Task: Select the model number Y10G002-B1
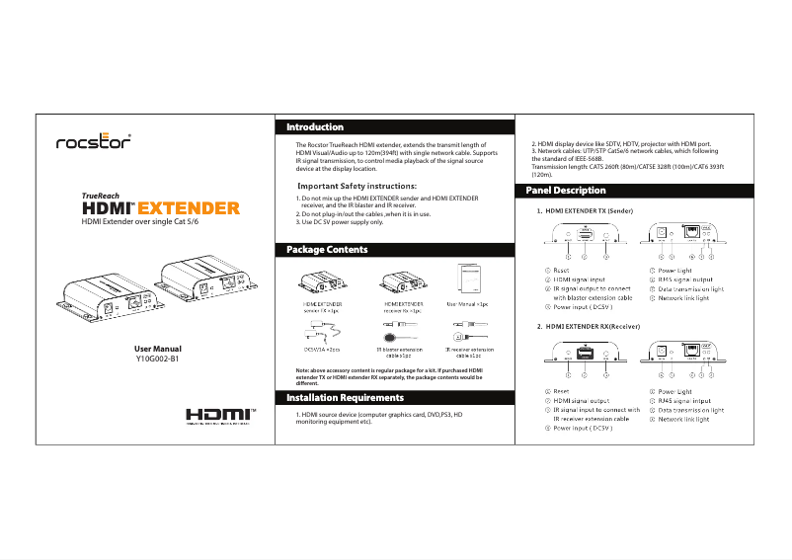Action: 157,360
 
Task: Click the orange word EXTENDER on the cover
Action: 187,208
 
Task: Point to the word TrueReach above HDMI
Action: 102,196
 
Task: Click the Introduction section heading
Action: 315,127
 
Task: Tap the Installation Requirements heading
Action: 345,397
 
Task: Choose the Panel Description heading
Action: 566,190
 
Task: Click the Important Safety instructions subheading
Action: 356,186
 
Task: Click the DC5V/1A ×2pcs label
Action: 322,351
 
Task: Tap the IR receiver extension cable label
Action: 470,354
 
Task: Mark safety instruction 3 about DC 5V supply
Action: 341,222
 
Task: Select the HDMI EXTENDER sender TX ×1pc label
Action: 322,307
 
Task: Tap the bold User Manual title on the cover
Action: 157,349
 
